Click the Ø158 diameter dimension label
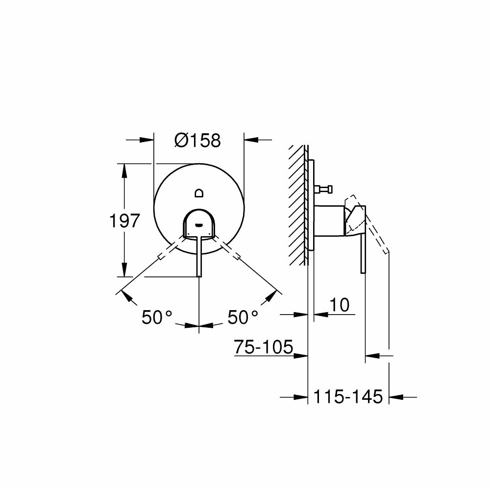[x=198, y=141]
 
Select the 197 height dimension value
[x=124, y=221]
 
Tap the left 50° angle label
[x=157, y=318]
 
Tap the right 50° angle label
[x=243, y=318]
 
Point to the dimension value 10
[x=339, y=305]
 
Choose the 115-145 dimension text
[x=348, y=396]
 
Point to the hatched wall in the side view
[x=297, y=206]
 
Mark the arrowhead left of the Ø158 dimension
[x=147, y=140]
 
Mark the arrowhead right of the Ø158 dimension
[x=250, y=140]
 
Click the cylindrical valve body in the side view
[x=329, y=221]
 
